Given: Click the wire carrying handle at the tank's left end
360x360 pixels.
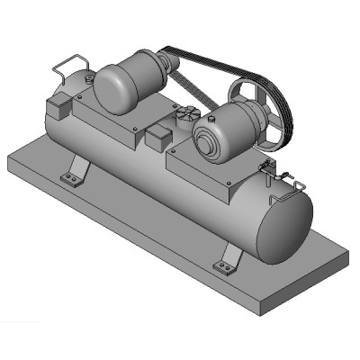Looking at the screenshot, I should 70,64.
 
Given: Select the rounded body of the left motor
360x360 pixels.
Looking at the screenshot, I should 121,85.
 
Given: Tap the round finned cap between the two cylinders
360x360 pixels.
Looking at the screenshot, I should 186,115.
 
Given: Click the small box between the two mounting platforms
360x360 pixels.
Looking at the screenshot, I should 157,139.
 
